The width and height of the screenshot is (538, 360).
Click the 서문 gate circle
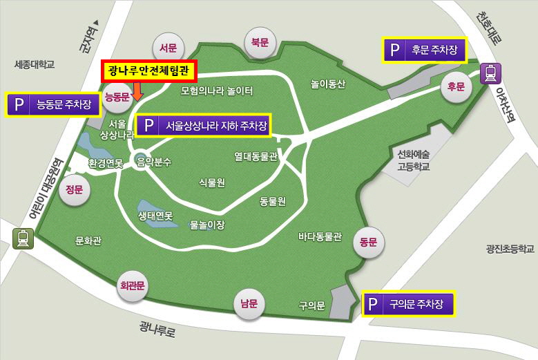[x=168, y=48]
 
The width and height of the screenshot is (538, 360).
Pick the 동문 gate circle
[x=367, y=242]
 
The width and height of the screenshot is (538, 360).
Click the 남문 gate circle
[x=249, y=303]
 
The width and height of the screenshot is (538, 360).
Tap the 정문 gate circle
[x=74, y=190]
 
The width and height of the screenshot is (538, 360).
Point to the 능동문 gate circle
[x=117, y=97]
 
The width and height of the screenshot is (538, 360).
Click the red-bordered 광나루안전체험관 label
[x=150, y=70]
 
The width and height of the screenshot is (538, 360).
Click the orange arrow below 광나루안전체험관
[x=137, y=91]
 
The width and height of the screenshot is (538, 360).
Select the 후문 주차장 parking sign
[x=425, y=50]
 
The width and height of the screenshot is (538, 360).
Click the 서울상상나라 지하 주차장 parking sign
[x=203, y=126]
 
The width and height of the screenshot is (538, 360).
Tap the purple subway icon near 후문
[x=492, y=72]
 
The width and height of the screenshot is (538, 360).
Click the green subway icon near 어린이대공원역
[x=23, y=238]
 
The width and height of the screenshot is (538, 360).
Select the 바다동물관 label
[x=320, y=236]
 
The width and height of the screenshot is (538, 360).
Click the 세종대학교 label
[x=34, y=65]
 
